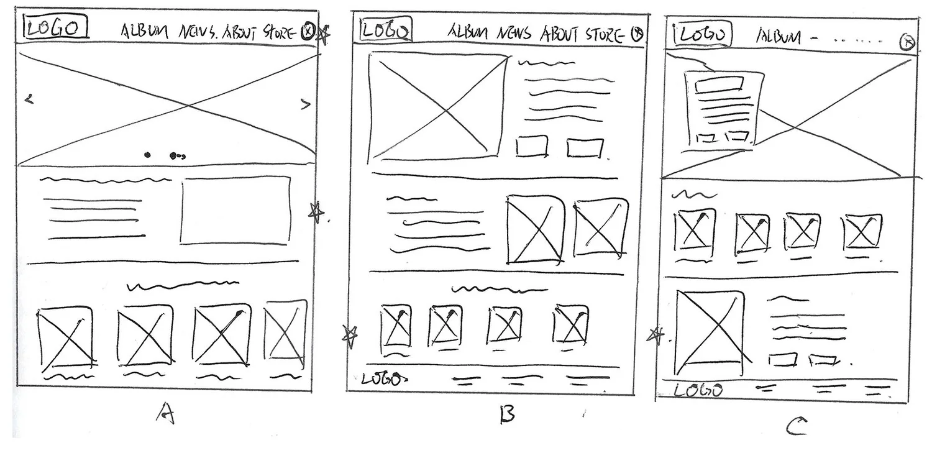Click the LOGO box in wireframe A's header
tap(55, 27)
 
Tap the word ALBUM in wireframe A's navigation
tap(144, 32)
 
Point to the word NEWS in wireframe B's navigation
tap(514, 33)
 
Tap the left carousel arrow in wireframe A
tap(29, 98)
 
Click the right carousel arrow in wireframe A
tap(305, 104)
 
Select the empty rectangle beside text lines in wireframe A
tap(235, 210)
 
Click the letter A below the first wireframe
tap(166, 413)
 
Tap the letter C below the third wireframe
tap(796, 426)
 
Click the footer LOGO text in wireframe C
tap(699, 390)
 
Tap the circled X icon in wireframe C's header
tap(908, 42)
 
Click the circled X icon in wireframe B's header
tap(637, 34)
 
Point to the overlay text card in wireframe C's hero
tap(723, 109)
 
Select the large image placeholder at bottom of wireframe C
tap(710, 326)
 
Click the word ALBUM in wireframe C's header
tap(779, 37)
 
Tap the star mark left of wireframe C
tap(656, 336)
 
